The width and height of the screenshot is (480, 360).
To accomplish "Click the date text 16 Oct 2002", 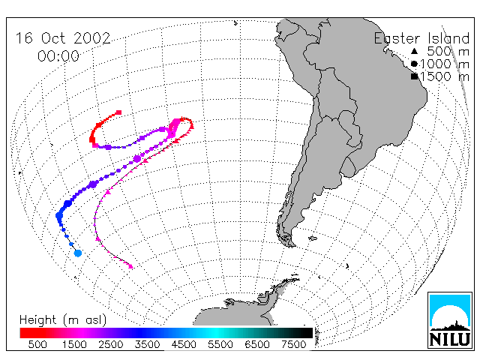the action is (63, 38).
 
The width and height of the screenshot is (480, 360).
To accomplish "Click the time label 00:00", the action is (58, 56).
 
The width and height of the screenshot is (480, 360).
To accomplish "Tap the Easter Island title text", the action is (421, 38).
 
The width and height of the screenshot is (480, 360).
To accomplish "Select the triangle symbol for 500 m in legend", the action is (414, 51).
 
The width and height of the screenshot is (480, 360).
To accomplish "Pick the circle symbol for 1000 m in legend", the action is (414, 64).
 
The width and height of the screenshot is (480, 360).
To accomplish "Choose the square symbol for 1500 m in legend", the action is (414, 76).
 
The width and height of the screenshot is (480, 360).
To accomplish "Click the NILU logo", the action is (450, 320).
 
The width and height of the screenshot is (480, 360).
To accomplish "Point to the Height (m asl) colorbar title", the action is (63, 320).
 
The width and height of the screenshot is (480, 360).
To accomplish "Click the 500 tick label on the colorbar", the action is (37, 344).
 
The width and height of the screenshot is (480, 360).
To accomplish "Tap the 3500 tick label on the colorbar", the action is (147, 344).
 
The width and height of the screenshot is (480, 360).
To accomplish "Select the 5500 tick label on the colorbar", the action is (220, 344).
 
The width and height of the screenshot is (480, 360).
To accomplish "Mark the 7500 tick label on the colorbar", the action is (293, 344).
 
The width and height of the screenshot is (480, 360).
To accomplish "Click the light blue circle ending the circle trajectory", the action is (78, 253).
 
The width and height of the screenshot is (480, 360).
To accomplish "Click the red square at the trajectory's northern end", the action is (118, 112).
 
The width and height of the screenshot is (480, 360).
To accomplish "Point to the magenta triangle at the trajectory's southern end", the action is (130, 267).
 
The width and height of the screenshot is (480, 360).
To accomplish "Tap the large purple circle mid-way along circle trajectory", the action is (137, 158).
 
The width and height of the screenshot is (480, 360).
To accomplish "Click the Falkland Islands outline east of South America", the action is (313, 238).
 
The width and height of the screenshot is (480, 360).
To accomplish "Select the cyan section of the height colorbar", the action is (216, 333).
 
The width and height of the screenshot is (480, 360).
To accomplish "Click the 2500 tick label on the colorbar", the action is (110, 344).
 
